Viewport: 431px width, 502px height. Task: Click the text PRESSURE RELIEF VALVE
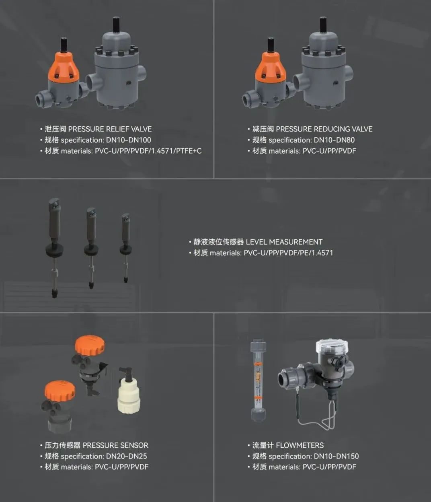(110, 129)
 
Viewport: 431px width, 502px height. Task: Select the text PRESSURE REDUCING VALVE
(324, 129)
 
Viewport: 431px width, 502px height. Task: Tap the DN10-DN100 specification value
(128, 140)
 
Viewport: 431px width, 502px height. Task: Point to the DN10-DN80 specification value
(334, 140)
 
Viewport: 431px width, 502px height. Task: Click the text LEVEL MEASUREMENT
(284, 242)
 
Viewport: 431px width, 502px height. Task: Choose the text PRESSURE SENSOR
(115, 445)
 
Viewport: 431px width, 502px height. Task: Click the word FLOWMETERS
(300, 445)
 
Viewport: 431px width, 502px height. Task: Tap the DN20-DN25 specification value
(127, 456)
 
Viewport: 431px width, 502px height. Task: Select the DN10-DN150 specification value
(336, 456)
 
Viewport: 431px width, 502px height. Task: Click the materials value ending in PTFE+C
(148, 151)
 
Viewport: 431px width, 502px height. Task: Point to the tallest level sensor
(55, 248)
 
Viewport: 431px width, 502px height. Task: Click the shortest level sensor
(125, 248)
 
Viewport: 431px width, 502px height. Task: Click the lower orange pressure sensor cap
(60, 391)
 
